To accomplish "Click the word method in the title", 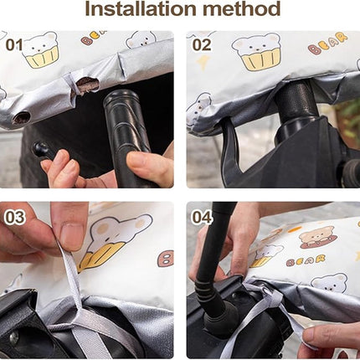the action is (241, 8).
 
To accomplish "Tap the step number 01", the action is (14, 44).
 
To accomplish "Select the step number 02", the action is (202, 45).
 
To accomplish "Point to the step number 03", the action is (15, 218).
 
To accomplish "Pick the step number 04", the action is (202, 218).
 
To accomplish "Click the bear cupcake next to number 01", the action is (42, 50).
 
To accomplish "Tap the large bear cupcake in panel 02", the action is (257, 52).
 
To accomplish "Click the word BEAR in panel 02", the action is (327, 44).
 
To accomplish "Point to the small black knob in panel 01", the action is (39, 149).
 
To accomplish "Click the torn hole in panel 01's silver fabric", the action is (88, 85).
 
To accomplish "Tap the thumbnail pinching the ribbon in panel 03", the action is (71, 235).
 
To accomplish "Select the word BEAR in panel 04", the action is (306, 260).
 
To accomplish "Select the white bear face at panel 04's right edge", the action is (330, 283).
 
